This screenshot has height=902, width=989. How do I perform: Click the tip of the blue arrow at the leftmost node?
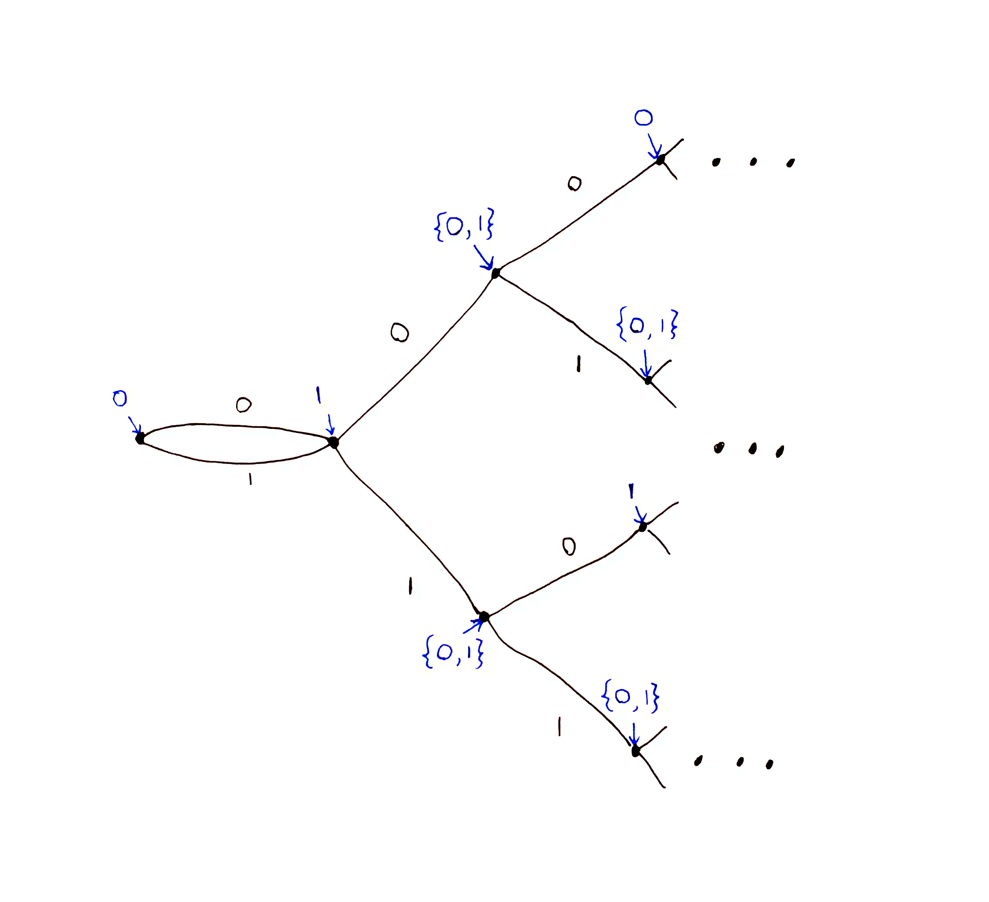pyautogui.click(x=140, y=433)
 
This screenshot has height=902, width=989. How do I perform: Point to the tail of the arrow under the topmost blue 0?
pyautogui.click(x=649, y=134)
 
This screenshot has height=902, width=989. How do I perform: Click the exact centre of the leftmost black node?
pyautogui.click(x=140, y=438)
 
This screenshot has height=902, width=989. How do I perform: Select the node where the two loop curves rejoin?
pyautogui.click(x=333, y=442)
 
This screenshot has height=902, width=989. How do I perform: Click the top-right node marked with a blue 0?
pyautogui.click(x=660, y=159)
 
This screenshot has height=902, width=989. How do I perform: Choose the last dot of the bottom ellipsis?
pyautogui.click(x=769, y=764)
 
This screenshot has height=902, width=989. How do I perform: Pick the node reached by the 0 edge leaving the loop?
pyautogui.click(x=495, y=273)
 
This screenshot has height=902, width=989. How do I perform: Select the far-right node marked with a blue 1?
pyautogui.click(x=642, y=527)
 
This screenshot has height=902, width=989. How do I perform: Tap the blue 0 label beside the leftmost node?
pyautogui.click(x=120, y=399)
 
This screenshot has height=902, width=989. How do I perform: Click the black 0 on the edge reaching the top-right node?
pyautogui.click(x=574, y=184)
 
